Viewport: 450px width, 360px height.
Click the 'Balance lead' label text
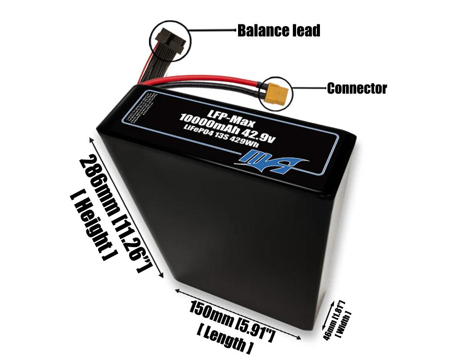(x=279, y=31)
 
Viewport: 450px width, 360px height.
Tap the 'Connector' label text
(x=356, y=88)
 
